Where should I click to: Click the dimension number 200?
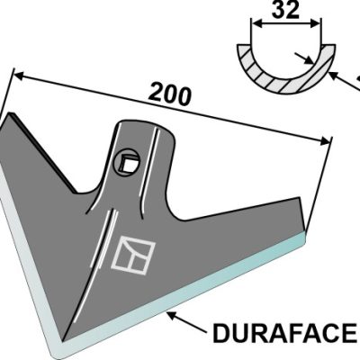[x=170, y=95]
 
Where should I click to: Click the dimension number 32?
[x=285, y=10]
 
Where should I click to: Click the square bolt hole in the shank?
[x=127, y=162]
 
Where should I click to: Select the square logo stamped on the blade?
[x=133, y=256]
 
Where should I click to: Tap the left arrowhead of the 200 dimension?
[x=21, y=76]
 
